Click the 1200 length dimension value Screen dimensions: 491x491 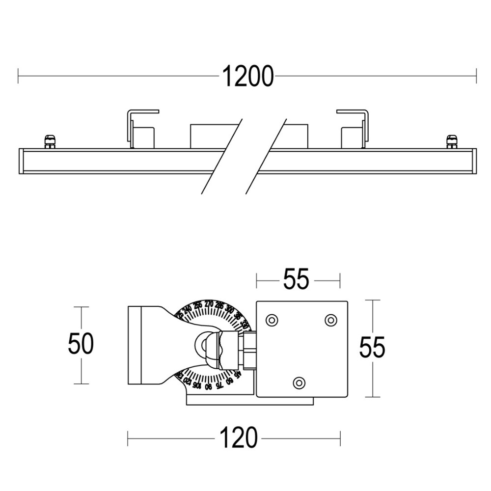pos(247,76)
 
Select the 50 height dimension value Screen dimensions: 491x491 pos(81,344)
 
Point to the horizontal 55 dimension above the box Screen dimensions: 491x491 pos(297,280)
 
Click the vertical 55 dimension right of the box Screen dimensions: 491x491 pos(372,348)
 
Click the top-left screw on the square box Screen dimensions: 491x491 pos(271,320)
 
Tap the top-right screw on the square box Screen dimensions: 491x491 pos(331,320)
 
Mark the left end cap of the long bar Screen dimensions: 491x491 pos(21,161)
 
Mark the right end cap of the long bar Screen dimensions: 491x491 pos(473,161)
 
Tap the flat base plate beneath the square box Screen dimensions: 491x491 pos(249,401)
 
